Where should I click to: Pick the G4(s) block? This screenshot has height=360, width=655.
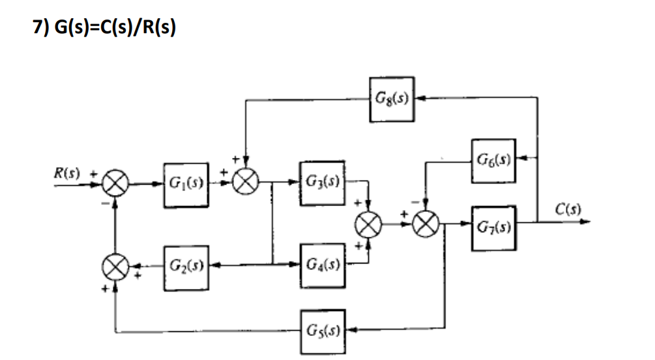[322, 266]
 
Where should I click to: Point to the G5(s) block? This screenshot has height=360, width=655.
[323, 327]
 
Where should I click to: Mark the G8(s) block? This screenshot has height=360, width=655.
[392, 99]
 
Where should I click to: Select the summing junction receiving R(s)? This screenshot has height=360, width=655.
[115, 185]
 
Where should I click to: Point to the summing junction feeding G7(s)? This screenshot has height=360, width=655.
[426, 226]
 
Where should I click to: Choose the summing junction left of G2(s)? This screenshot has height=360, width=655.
[115, 266]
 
